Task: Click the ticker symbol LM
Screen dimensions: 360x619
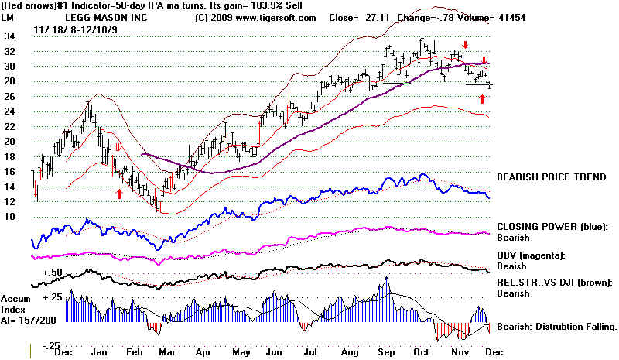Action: (9, 17)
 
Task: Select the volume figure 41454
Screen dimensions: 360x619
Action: (510, 17)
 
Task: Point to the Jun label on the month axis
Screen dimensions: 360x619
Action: (273, 351)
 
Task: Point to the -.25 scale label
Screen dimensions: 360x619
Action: (51, 345)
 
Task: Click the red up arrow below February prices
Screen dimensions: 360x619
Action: (120, 192)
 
